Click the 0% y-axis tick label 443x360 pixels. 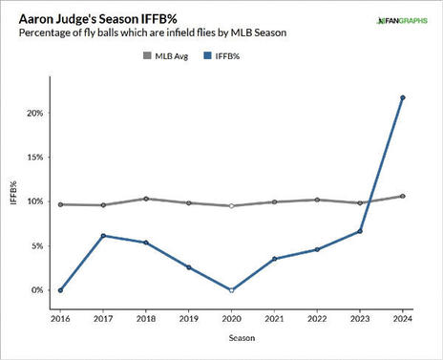click(37, 290)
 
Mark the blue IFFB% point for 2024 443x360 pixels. click(403, 97)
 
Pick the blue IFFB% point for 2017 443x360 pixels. click(103, 236)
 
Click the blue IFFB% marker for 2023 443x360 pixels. click(360, 231)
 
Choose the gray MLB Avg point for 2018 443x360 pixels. click(146, 199)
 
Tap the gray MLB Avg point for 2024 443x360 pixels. click(403, 196)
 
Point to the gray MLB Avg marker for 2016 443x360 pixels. click(60, 204)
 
